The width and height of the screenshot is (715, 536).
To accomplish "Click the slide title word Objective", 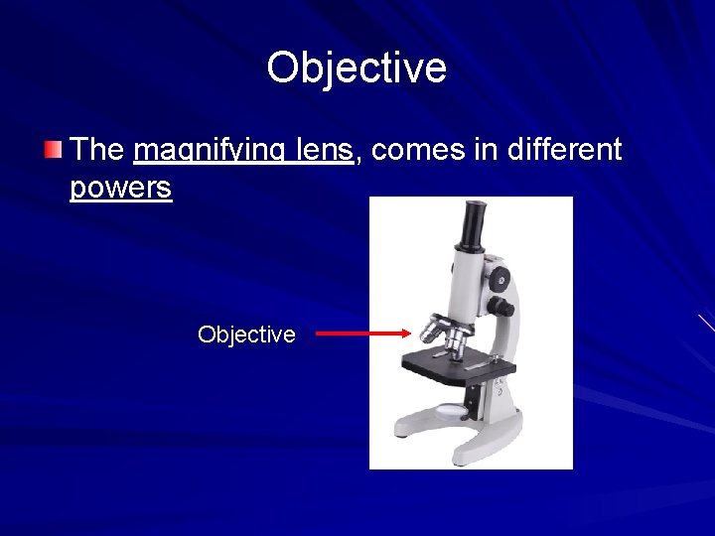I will [357, 67].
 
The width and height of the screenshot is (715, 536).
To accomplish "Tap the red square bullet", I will [52, 151].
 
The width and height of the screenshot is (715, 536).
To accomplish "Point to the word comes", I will [416, 151].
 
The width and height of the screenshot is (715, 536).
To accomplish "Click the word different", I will [564, 150].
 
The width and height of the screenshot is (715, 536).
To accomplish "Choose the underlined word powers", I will [120, 188].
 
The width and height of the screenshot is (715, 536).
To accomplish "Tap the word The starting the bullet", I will [97, 150].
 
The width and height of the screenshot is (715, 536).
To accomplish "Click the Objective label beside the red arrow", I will [246, 335].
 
